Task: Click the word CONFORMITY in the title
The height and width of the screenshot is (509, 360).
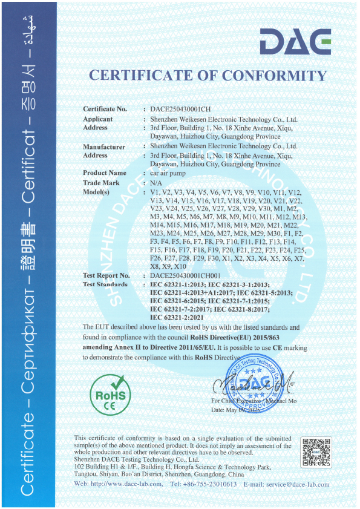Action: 275,76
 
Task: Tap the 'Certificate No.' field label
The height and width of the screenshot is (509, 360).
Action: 105,109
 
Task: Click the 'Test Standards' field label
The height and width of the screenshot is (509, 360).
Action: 105,284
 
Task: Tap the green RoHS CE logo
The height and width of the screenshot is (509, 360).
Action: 110,393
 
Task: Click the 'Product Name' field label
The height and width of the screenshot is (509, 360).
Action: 105,173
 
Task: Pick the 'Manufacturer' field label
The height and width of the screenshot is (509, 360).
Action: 104,146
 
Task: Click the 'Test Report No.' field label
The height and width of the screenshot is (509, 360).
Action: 106,275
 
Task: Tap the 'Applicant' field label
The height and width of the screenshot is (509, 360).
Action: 97,119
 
